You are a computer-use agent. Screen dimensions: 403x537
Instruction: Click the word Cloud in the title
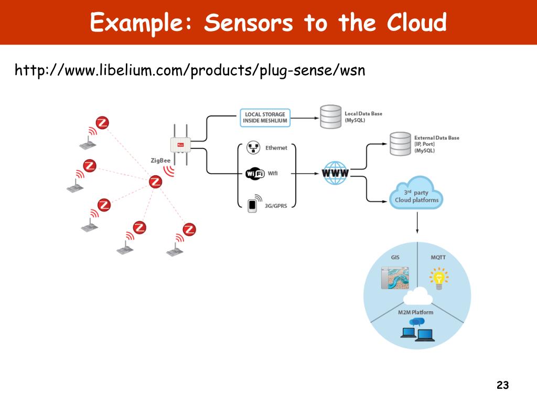pos(416,23)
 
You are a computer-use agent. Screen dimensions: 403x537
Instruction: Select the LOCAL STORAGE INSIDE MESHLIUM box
pos(265,118)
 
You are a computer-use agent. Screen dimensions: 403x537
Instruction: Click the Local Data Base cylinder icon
pos(330,117)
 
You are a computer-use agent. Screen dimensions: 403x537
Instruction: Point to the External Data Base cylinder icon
pos(400,143)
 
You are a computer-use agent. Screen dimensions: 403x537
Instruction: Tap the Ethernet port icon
pos(253,147)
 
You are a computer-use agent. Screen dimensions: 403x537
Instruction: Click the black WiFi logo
pos(254,174)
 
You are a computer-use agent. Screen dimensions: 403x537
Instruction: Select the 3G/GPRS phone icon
pos(253,204)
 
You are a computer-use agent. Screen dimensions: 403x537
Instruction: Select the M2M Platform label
pos(415,313)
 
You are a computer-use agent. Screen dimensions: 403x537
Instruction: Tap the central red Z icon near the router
pos(155,182)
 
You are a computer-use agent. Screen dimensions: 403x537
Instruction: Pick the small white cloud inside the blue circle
pos(417,297)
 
